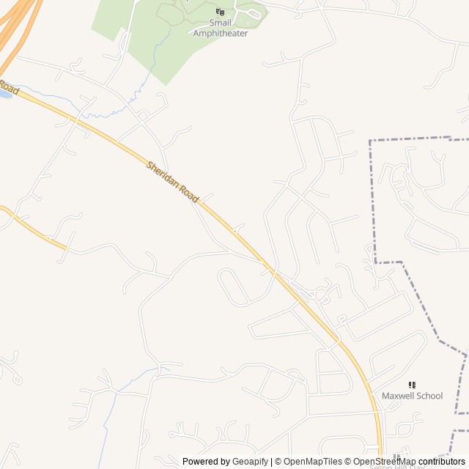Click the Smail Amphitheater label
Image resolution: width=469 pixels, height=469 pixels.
click(x=221, y=28)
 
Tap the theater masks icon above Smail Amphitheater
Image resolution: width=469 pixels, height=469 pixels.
click(x=220, y=12)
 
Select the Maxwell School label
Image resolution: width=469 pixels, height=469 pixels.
click(x=412, y=396)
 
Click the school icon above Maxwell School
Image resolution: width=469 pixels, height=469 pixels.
click(x=412, y=385)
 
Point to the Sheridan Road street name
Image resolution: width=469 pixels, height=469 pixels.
click(x=173, y=182)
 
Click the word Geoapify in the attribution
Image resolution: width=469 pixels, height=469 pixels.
click(x=251, y=462)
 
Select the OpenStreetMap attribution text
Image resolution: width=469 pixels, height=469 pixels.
click(x=385, y=462)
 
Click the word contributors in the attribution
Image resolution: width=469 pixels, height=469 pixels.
click(x=442, y=462)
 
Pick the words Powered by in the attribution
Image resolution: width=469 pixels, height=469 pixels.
click(x=206, y=462)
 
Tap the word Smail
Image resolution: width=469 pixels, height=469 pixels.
click(x=220, y=23)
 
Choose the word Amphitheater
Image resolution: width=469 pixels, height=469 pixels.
click(x=221, y=33)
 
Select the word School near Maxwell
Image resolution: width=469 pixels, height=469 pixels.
click(x=429, y=396)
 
